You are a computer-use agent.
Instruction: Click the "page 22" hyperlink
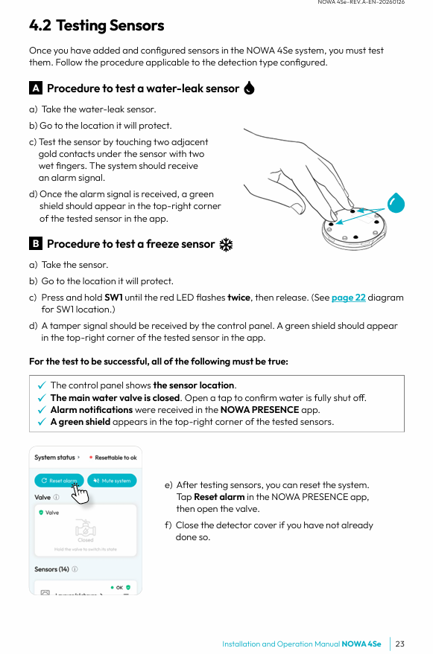pyautogui.click(x=348, y=298)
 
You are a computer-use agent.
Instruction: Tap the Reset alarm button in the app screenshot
pyautogui.click(x=59, y=481)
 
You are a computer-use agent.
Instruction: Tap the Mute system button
pyautogui.click(x=112, y=481)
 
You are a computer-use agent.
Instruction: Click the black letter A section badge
pyautogui.click(x=36, y=88)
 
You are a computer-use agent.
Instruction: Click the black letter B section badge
pyautogui.click(x=36, y=243)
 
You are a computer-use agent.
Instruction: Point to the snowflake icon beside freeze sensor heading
pyautogui.click(x=226, y=245)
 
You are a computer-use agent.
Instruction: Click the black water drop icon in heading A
pyautogui.click(x=249, y=88)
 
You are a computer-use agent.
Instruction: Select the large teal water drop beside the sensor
pyautogui.click(x=396, y=202)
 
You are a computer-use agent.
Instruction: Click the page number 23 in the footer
pyautogui.click(x=399, y=644)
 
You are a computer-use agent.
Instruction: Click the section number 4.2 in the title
pyautogui.click(x=40, y=25)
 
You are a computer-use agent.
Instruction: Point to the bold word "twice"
pyautogui.click(x=238, y=298)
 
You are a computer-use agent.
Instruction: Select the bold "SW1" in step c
pyautogui.click(x=113, y=298)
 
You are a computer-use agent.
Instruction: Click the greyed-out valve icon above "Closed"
pyautogui.click(x=85, y=528)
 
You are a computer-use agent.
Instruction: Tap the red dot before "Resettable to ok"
pyautogui.click(x=91, y=458)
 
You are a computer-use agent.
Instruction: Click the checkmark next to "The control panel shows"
pyautogui.click(x=42, y=385)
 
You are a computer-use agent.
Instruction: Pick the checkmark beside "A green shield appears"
pyautogui.click(x=42, y=422)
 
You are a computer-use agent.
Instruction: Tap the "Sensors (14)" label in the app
pyautogui.click(x=51, y=569)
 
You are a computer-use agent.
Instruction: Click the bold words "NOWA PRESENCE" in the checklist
pyautogui.click(x=259, y=410)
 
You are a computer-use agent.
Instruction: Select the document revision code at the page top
pyautogui.click(x=361, y=2)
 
